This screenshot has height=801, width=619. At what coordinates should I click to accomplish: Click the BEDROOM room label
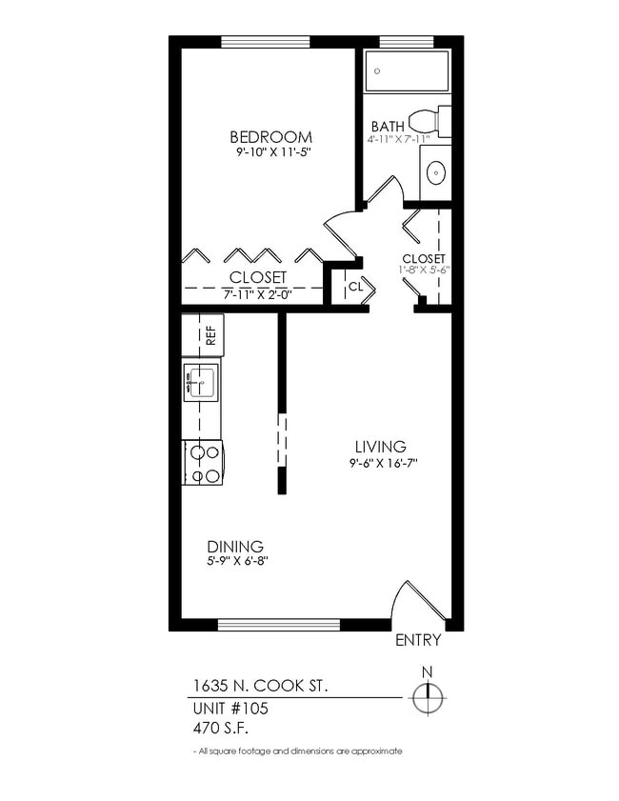[x=270, y=136]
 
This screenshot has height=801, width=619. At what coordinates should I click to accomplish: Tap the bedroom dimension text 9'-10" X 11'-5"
[x=270, y=152]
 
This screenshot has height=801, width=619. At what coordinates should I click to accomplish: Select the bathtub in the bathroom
[x=408, y=70]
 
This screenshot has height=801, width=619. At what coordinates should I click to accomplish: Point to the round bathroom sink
[x=435, y=173]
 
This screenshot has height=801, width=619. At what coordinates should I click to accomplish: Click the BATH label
[x=387, y=126]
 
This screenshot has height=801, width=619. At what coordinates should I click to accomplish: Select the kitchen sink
[x=201, y=381]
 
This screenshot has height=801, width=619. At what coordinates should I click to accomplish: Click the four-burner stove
[x=203, y=464]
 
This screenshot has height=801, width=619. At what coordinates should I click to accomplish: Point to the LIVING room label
[x=380, y=447]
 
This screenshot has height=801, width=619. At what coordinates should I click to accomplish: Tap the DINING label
[x=235, y=547]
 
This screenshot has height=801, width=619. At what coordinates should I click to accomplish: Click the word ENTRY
[x=418, y=641]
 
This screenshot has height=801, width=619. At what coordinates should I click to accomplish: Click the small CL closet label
[x=355, y=286]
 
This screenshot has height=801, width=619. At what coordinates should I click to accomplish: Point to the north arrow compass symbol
[x=428, y=698]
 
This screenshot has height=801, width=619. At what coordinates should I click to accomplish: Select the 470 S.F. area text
[x=223, y=730]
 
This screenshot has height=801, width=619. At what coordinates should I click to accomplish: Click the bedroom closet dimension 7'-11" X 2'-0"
[x=257, y=294]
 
